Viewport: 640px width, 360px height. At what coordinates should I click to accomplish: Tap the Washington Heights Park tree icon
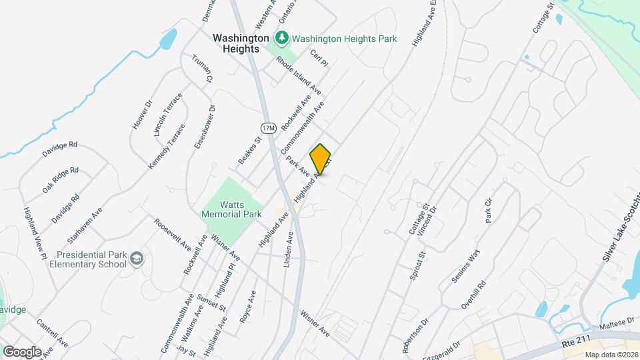283,37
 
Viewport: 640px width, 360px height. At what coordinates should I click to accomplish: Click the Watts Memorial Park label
231,210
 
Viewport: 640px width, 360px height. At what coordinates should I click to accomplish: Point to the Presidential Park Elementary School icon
137,258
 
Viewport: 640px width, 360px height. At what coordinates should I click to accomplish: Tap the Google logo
21,351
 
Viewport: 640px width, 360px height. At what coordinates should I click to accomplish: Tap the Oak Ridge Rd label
61,180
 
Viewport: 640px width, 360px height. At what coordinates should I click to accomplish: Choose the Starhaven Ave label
85,225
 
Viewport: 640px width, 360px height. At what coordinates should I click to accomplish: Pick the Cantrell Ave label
52,333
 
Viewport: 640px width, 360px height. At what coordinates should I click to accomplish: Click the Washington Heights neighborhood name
241,43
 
